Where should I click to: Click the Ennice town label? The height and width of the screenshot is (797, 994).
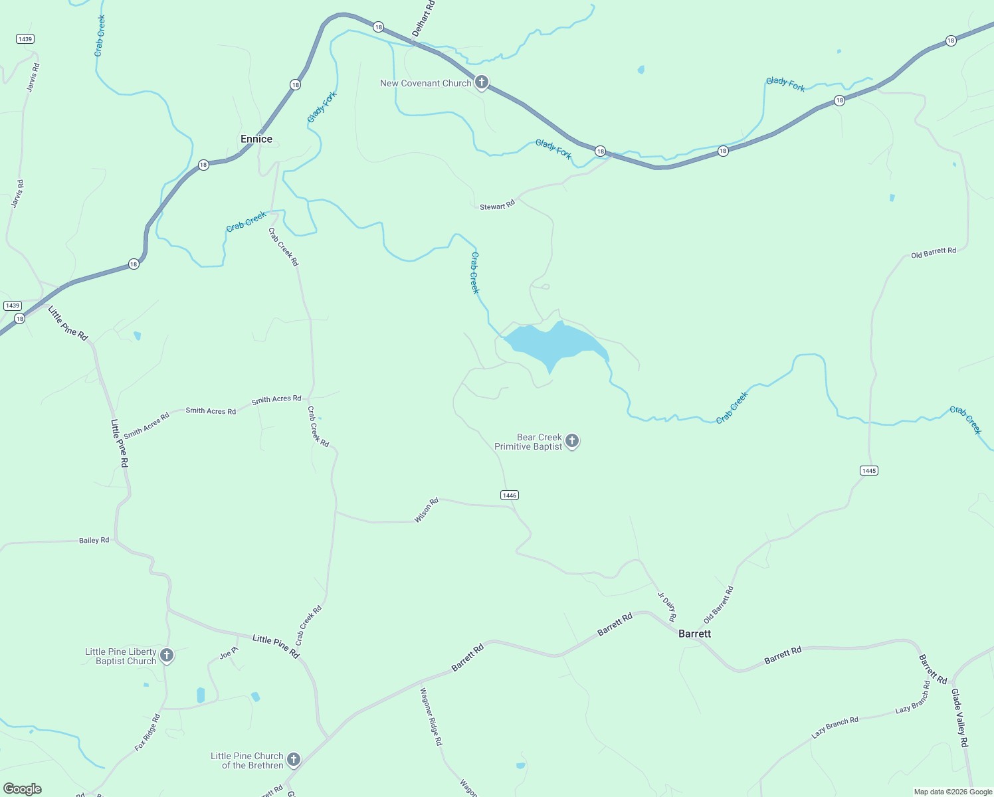tap(256, 139)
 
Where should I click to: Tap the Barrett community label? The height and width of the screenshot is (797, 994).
tap(694, 634)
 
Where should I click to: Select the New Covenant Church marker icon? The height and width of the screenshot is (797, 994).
tap(482, 82)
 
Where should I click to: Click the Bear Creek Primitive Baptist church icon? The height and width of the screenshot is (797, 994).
tap(572, 440)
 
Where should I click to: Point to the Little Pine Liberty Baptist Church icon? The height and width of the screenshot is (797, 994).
tap(167, 656)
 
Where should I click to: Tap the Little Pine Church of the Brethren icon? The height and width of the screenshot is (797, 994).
tap(294, 759)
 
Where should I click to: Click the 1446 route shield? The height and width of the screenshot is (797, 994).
tap(510, 495)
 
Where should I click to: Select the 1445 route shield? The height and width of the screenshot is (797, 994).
tap(868, 470)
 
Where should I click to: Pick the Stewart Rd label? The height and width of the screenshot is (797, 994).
tap(497, 206)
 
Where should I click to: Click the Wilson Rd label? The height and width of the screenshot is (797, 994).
tap(427, 510)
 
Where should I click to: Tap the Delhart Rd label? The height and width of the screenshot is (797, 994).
tap(423, 19)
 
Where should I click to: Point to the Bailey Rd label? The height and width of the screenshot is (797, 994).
tap(94, 540)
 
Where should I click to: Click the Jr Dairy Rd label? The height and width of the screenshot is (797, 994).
tap(667, 606)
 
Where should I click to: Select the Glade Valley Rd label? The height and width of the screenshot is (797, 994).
tap(959, 718)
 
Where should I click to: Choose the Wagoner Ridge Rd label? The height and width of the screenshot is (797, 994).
tap(431, 717)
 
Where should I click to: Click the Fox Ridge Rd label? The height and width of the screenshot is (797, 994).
tap(148, 733)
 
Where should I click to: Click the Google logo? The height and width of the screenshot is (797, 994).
tap(23, 789)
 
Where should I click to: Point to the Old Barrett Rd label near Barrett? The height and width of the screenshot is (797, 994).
tap(719, 604)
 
